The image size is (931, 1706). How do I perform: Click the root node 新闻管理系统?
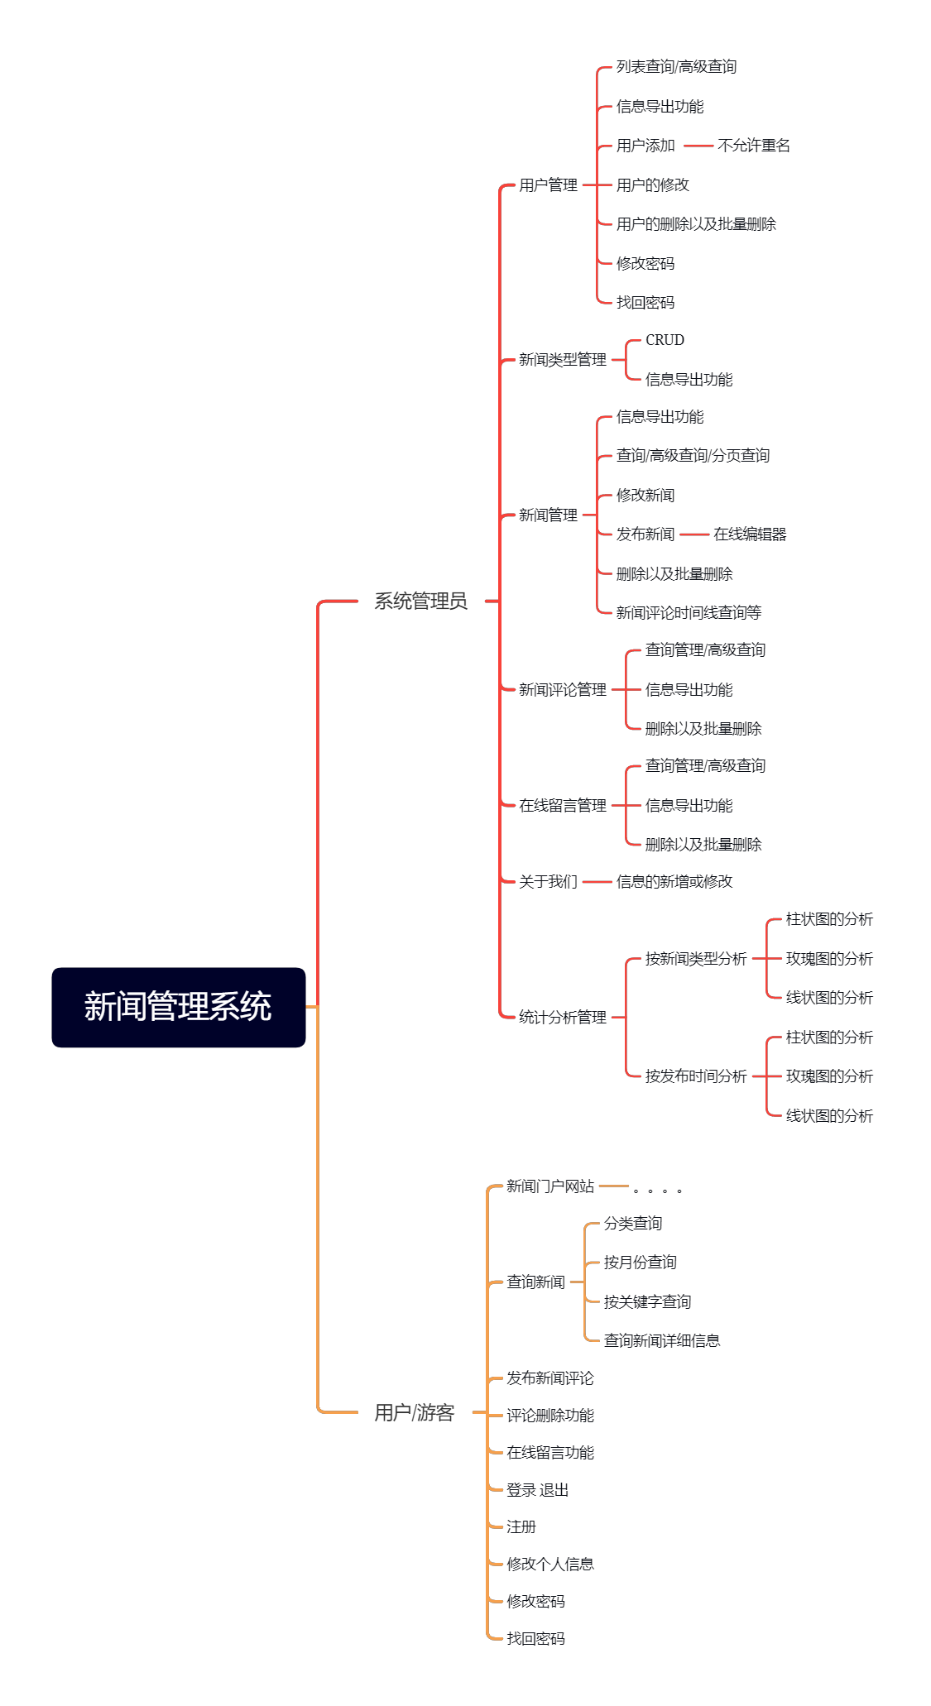[x=178, y=1007]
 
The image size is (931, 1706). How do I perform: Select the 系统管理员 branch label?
[x=420, y=601]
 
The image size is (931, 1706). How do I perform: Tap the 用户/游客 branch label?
[x=414, y=1412]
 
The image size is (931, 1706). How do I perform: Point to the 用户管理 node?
[x=548, y=185]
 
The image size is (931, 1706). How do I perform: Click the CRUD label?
[x=665, y=340]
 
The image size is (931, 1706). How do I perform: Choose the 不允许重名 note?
[x=754, y=146]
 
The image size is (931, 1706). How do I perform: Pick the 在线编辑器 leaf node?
[x=750, y=534]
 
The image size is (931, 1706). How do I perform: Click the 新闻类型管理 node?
[x=563, y=360]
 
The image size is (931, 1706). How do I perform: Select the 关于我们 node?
[x=548, y=882]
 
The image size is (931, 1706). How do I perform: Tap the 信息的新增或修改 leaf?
[x=674, y=882]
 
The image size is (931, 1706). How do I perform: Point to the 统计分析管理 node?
[x=563, y=1018]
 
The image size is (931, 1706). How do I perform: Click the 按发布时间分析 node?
[x=696, y=1076]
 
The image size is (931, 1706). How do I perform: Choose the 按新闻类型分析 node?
[x=696, y=959]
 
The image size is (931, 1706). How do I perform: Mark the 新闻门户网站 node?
[x=550, y=1186]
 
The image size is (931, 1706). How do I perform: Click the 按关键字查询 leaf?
[x=647, y=1302]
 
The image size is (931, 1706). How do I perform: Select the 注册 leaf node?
[x=521, y=1527]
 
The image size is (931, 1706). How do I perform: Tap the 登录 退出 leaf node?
[x=538, y=1490]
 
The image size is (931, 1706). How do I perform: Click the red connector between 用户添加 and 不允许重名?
[x=698, y=146]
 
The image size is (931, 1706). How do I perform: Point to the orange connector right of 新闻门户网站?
[x=613, y=1186]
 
